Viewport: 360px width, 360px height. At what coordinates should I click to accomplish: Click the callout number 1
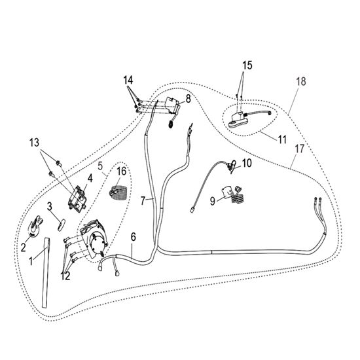(x=31, y=261)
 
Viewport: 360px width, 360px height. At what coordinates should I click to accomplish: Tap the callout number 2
(x=23, y=247)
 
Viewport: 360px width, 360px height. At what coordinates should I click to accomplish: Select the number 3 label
(x=50, y=206)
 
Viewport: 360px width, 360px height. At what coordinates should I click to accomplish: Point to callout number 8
(x=189, y=99)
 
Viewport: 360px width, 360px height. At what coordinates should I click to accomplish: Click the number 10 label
(x=247, y=163)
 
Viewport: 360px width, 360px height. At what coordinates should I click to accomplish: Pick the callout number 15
(x=247, y=65)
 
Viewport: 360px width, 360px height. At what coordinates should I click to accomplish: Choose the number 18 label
(x=301, y=81)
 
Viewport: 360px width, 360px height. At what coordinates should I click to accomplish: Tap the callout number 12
(x=65, y=276)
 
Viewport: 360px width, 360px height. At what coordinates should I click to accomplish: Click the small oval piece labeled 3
(x=62, y=225)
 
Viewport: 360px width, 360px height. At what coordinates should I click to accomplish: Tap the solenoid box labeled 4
(x=77, y=198)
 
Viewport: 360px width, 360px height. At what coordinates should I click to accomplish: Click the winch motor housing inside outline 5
(x=94, y=239)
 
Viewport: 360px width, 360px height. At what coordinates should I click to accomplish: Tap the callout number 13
(x=35, y=143)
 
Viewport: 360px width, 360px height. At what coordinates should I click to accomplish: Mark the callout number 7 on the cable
(x=143, y=201)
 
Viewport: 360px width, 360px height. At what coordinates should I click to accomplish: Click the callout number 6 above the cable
(x=134, y=237)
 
